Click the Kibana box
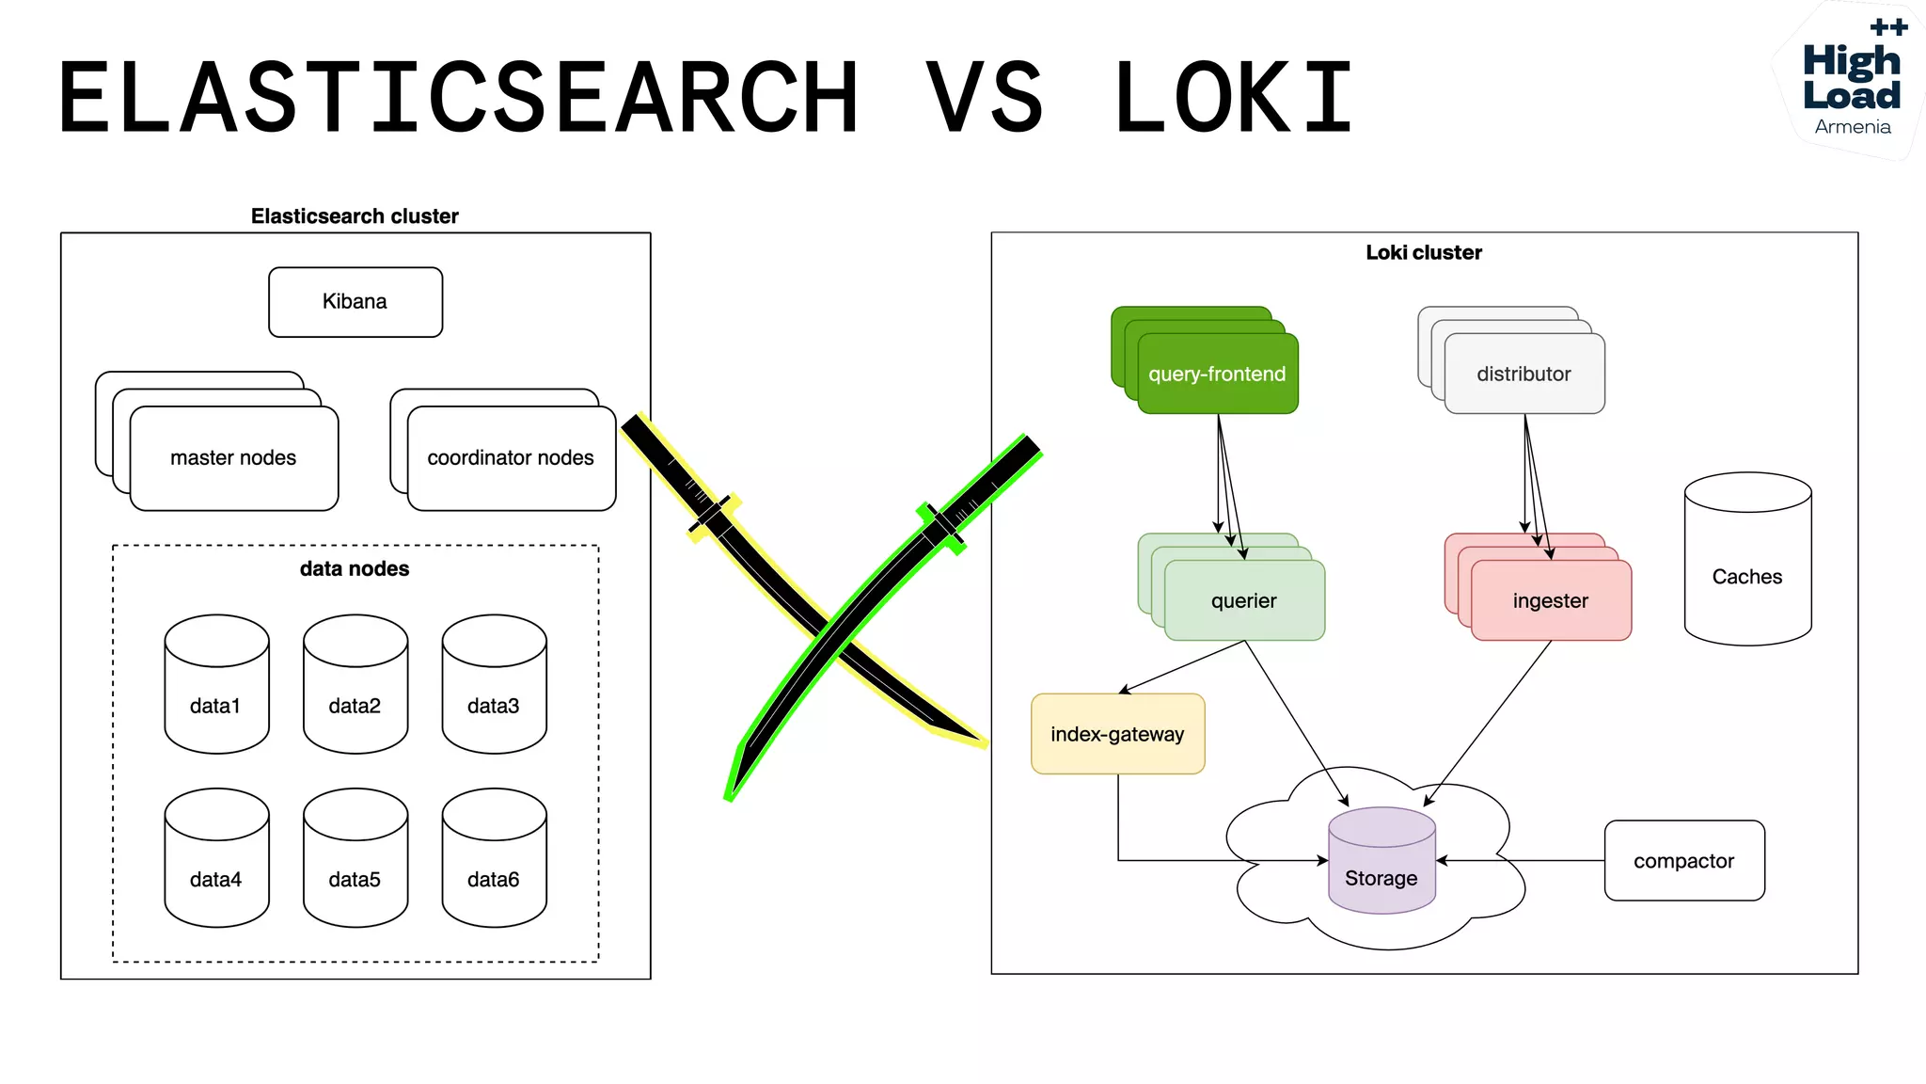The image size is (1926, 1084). [355, 302]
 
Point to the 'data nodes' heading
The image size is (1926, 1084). [355, 568]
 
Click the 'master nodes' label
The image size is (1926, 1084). [233, 458]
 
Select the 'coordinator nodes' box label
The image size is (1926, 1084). [511, 458]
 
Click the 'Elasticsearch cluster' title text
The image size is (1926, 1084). [355, 216]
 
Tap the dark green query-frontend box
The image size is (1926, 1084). [1217, 374]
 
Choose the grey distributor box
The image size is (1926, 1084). [1523, 374]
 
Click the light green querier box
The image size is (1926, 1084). [1243, 600]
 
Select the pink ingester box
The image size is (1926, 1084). [1550, 600]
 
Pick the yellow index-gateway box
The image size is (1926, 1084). [1117, 734]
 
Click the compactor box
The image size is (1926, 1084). [1683, 861]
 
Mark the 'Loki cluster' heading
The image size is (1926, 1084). [1423, 252]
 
